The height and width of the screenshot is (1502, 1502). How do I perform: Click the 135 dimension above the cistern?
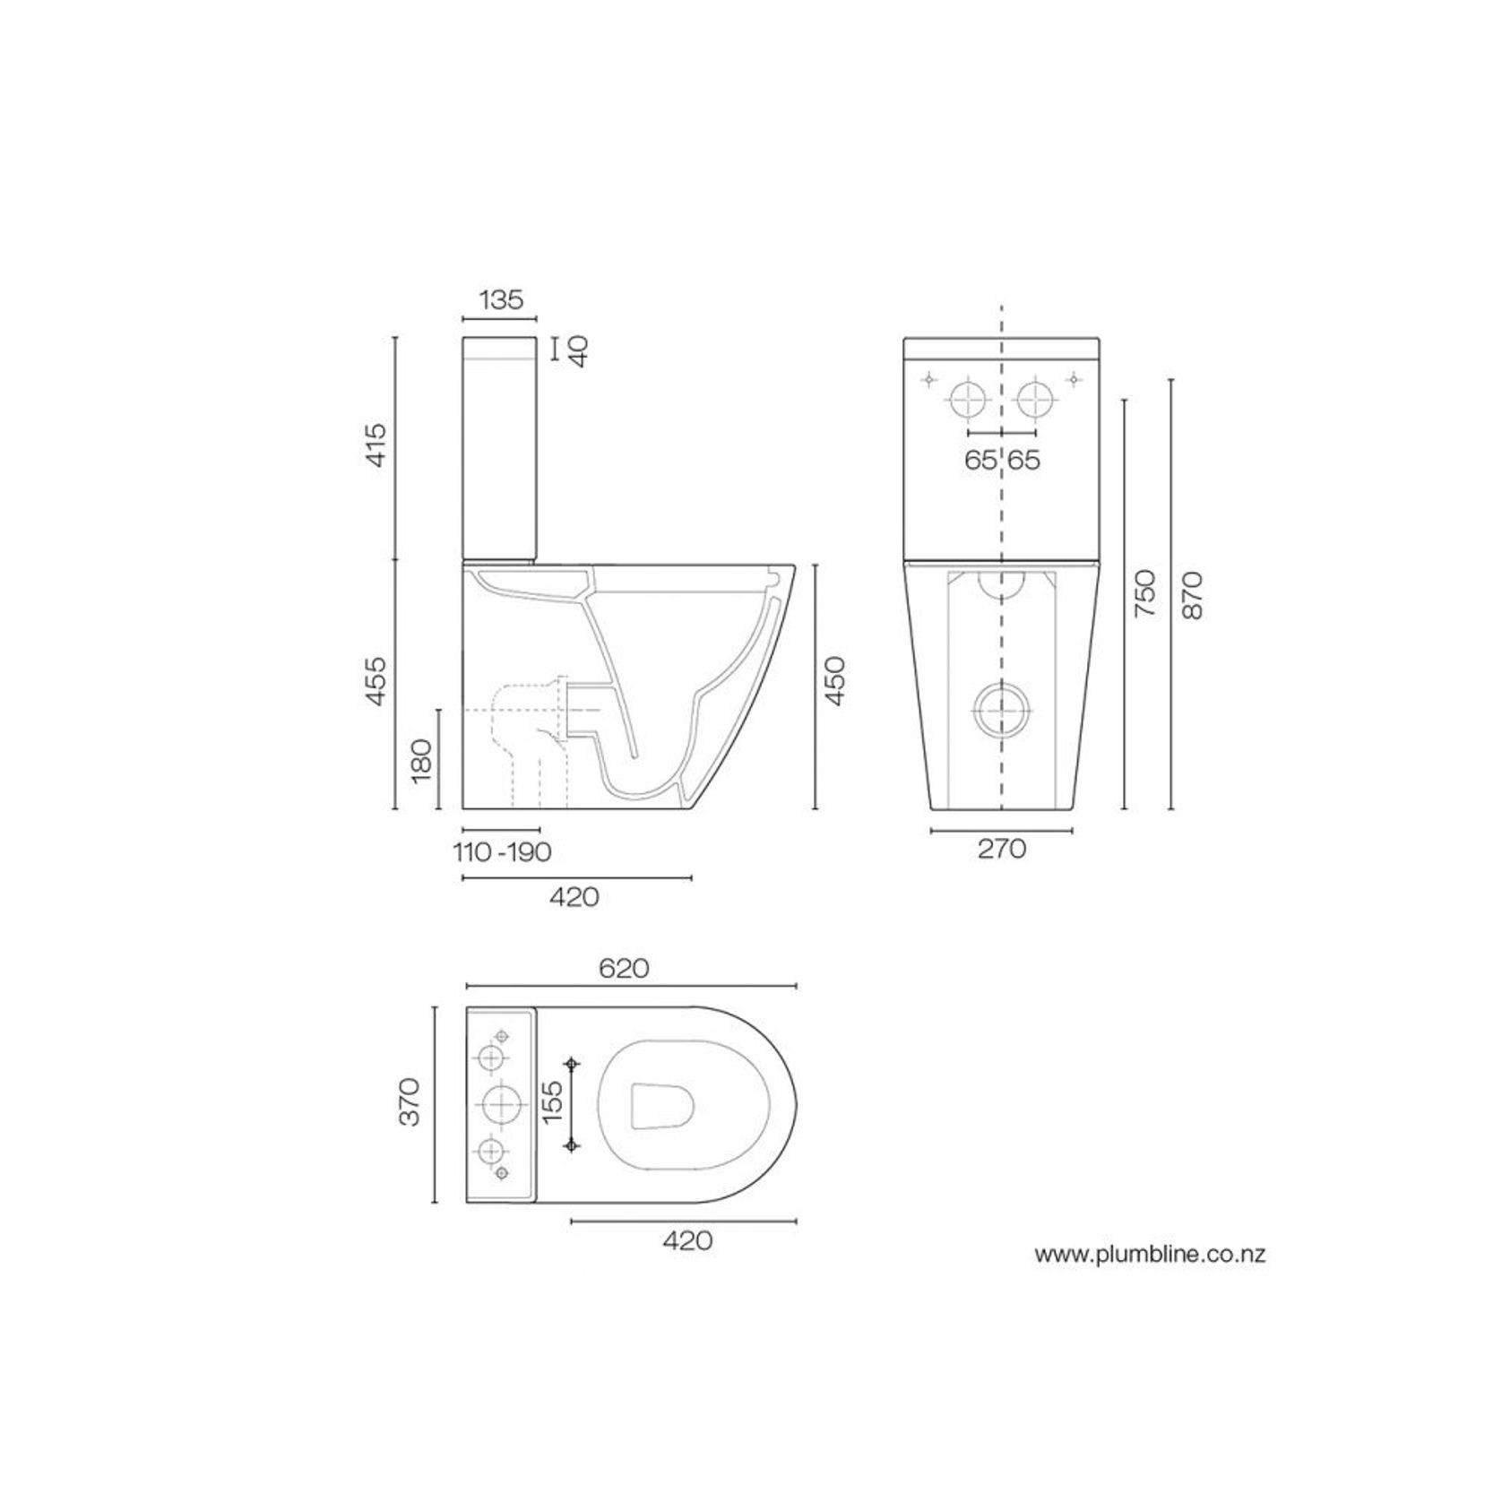pyautogui.click(x=500, y=299)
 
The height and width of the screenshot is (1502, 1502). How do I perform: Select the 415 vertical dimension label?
pyautogui.click(x=376, y=444)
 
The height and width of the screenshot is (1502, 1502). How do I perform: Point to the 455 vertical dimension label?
pyautogui.click(x=376, y=680)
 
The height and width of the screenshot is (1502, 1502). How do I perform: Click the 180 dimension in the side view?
pyautogui.click(x=421, y=760)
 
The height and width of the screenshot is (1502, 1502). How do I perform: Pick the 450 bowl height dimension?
pyautogui.click(x=834, y=681)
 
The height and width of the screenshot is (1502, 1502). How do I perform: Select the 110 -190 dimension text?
pyautogui.click(x=503, y=851)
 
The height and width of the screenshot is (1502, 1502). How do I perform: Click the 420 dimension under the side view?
pyautogui.click(x=574, y=896)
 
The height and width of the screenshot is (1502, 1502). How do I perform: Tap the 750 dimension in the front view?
pyautogui.click(x=1145, y=592)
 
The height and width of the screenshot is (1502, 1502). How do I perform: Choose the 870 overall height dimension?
pyautogui.click(x=1193, y=595)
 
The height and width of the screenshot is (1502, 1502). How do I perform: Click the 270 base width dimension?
pyautogui.click(x=1001, y=849)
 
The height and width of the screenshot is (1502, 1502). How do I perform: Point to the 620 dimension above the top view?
pyautogui.click(x=624, y=969)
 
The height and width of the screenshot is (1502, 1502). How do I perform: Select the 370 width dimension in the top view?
pyautogui.click(x=410, y=1101)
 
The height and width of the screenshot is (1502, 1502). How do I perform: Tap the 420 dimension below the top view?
pyautogui.click(x=687, y=1240)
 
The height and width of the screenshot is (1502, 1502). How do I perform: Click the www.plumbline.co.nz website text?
pyautogui.click(x=1150, y=1255)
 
